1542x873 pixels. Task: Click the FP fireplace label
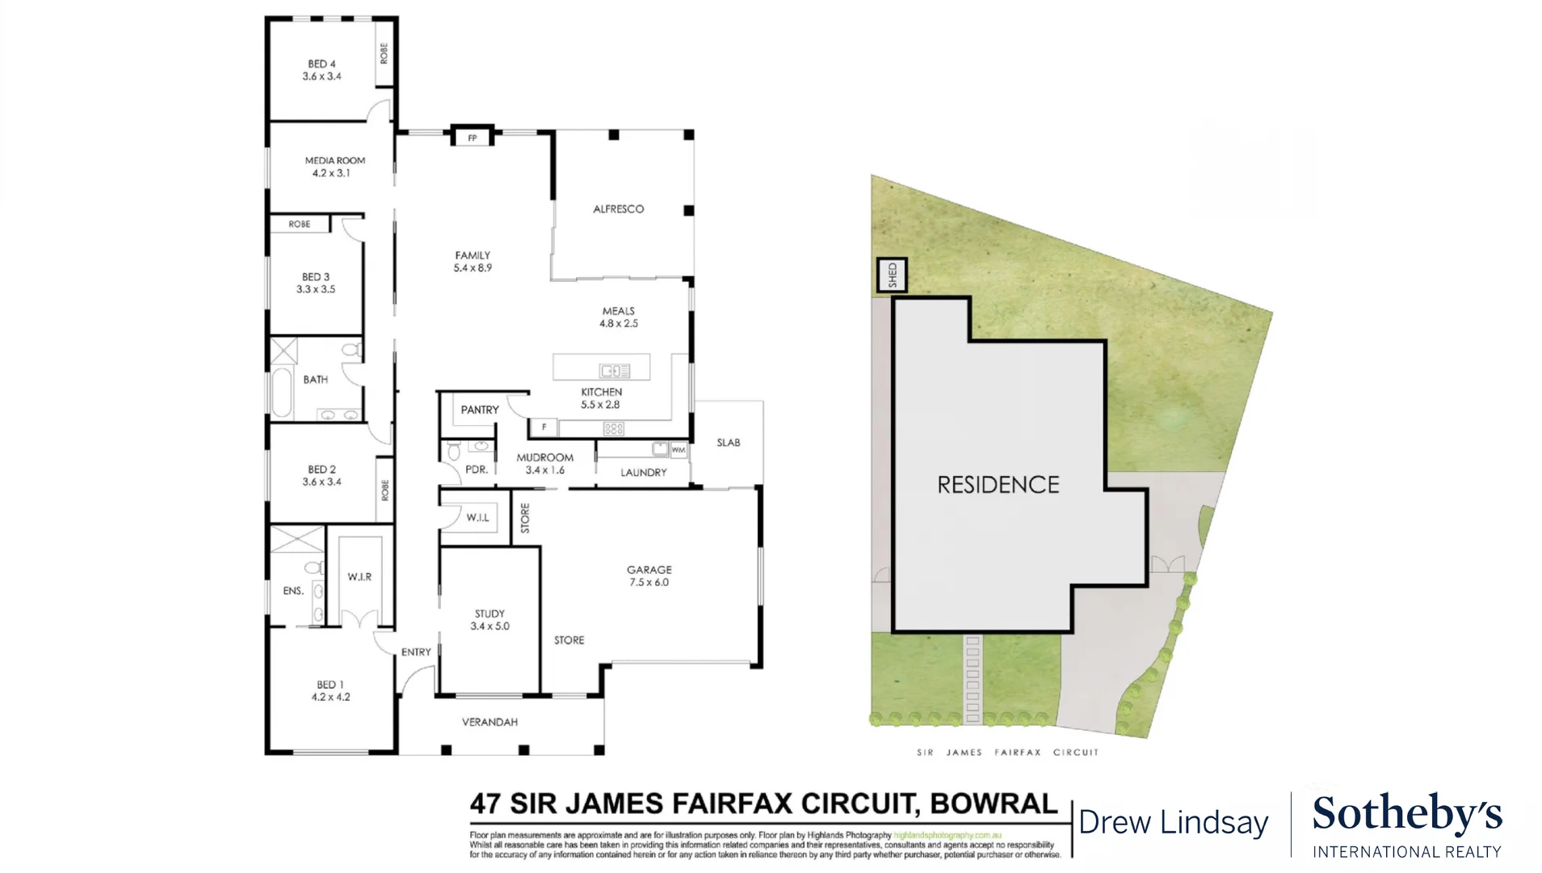(x=473, y=138)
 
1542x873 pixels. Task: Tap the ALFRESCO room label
(x=618, y=209)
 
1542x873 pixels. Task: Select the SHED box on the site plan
(x=892, y=275)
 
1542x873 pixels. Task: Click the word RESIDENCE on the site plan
(x=998, y=485)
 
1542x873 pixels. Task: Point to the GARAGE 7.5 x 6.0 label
(x=649, y=576)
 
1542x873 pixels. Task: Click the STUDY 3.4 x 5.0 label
(x=489, y=620)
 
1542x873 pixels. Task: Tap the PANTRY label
(x=480, y=410)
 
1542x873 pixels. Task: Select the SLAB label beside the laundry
(x=728, y=442)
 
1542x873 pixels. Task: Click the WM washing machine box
(x=679, y=449)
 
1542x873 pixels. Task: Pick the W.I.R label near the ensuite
(x=359, y=576)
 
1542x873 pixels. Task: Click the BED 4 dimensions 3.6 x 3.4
(x=321, y=77)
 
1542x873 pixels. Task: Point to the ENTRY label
(x=416, y=652)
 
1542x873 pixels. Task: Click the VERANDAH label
(x=489, y=722)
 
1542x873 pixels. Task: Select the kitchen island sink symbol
(x=614, y=371)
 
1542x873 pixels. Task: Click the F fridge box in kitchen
(x=544, y=427)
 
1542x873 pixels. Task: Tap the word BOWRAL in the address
(x=994, y=803)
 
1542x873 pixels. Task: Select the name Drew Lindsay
(x=1173, y=823)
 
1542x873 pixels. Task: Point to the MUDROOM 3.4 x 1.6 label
(x=544, y=463)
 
